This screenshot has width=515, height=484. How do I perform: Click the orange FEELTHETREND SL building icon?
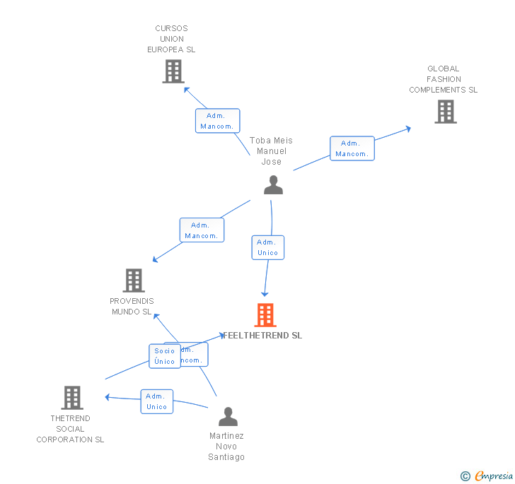click(x=265, y=315)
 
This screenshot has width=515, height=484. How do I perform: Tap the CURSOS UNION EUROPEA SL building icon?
click(x=173, y=71)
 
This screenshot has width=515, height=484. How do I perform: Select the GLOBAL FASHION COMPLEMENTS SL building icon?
click(x=445, y=112)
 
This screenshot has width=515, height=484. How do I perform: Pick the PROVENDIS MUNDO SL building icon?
click(x=133, y=281)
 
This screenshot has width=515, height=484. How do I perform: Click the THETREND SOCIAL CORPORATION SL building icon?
click(x=71, y=398)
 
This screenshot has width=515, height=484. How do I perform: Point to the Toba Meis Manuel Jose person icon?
click(x=273, y=185)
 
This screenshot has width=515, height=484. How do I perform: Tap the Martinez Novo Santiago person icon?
click(x=227, y=416)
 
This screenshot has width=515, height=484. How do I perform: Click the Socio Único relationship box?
click(x=164, y=356)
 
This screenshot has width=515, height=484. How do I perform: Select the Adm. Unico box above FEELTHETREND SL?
click(x=267, y=247)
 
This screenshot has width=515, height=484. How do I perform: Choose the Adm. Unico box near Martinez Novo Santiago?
click(x=156, y=401)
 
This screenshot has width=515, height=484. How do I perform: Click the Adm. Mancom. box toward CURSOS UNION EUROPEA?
click(x=217, y=121)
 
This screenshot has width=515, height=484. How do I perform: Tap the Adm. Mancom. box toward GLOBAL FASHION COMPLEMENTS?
click(x=352, y=148)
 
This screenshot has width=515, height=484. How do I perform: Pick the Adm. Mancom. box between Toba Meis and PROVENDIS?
click(x=202, y=230)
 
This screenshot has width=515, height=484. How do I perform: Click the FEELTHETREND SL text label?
click(x=262, y=336)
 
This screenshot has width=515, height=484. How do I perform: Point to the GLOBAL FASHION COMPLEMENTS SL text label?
click(x=444, y=79)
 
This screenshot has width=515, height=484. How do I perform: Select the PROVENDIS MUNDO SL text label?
click(x=132, y=306)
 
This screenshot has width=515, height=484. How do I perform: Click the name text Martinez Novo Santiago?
click(x=226, y=447)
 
